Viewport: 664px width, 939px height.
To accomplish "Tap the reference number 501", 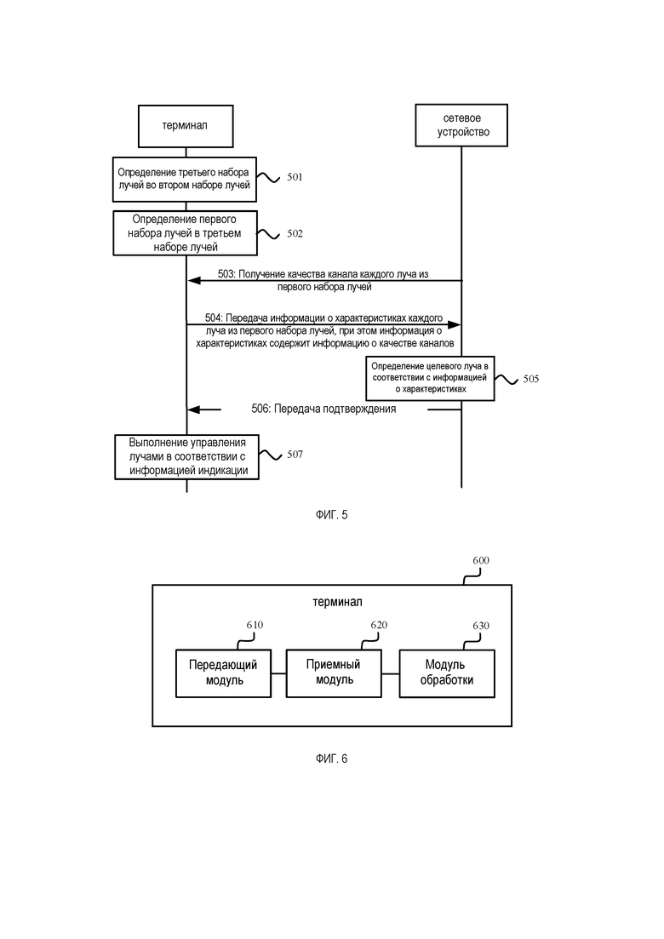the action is pyautogui.click(x=295, y=177).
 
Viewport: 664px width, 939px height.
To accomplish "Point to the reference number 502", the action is pyautogui.click(x=295, y=233).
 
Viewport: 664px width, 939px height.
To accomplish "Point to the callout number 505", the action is pyautogui.click(x=531, y=379).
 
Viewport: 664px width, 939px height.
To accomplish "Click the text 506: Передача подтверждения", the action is pyautogui.click(x=323, y=409).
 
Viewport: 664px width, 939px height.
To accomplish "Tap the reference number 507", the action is pyautogui.click(x=295, y=455).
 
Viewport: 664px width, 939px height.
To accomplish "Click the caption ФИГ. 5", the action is pyautogui.click(x=332, y=515).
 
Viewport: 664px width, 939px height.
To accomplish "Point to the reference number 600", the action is pyautogui.click(x=481, y=560).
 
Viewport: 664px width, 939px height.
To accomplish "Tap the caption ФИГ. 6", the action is pyautogui.click(x=332, y=759).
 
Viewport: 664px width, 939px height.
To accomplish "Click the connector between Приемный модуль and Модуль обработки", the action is pyautogui.click(x=391, y=673).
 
